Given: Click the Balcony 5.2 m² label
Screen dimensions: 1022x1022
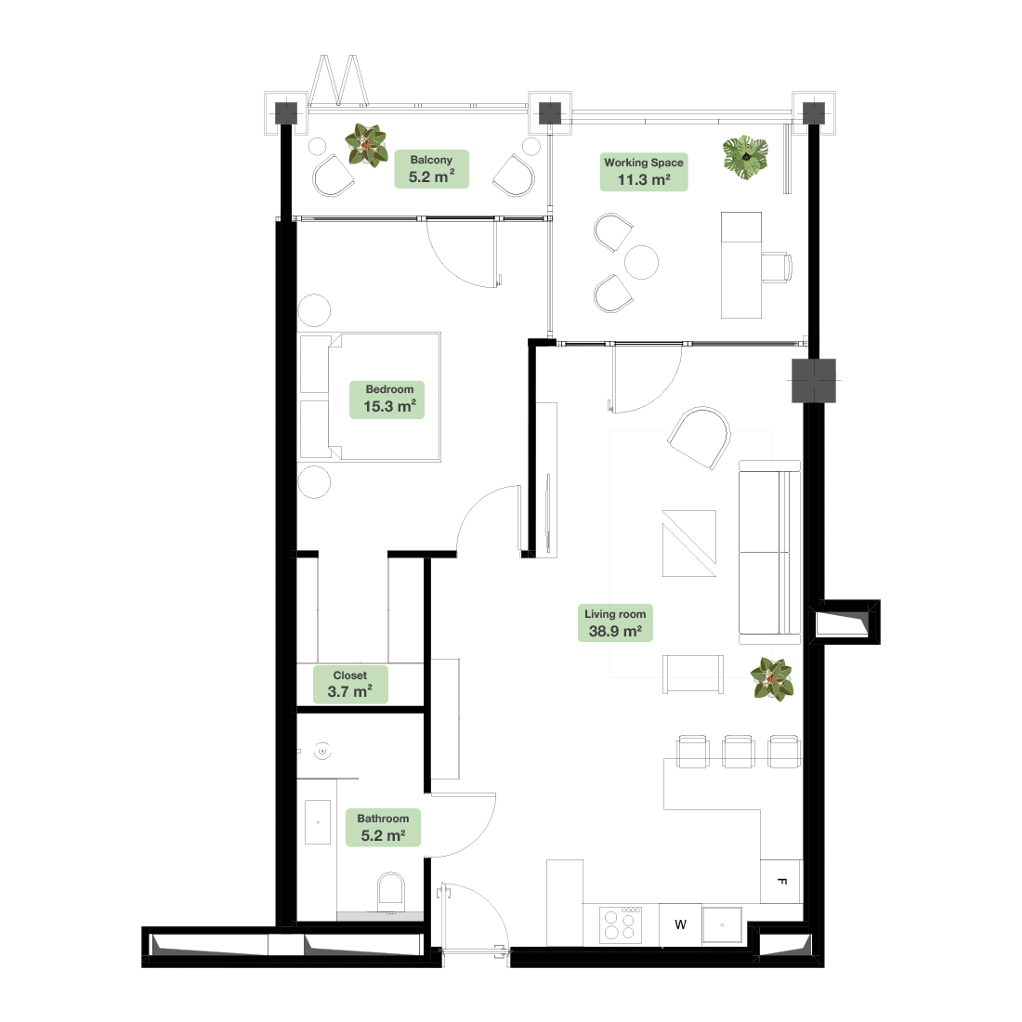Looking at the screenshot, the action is pyautogui.click(x=431, y=169).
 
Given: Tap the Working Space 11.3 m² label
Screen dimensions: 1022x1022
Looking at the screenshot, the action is pyautogui.click(x=644, y=172).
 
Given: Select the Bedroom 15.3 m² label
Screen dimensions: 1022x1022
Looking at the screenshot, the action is pyautogui.click(x=387, y=399).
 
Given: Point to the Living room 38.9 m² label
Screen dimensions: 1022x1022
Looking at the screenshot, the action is pyautogui.click(x=615, y=623).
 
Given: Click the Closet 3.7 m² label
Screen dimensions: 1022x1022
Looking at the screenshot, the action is pyautogui.click(x=350, y=685).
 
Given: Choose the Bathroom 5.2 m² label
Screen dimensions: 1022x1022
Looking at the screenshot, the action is pyautogui.click(x=383, y=828).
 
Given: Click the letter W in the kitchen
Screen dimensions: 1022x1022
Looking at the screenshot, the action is pyautogui.click(x=680, y=924).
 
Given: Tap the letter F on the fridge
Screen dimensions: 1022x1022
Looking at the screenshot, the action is pyautogui.click(x=782, y=882).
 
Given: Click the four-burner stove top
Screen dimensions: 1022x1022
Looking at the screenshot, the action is pyautogui.click(x=621, y=924).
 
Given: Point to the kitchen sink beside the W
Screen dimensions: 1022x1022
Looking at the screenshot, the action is pyautogui.click(x=722, y=924).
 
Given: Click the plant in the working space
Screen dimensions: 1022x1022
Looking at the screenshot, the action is pyautogui.click(x=745, y=157).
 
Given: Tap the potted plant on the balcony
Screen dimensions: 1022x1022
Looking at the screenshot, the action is pyautogui.click(x=366, y=145).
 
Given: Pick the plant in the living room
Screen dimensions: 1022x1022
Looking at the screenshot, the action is pyautogui.click(x=772, y=679).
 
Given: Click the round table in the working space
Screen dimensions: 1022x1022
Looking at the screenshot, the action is pyautogui.click(x=641, y=262).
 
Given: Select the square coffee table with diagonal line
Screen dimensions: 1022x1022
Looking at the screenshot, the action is pyautogui.click(x=689, y=544).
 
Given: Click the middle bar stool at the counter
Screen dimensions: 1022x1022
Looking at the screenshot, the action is pyautogui.click(x=739, y=751).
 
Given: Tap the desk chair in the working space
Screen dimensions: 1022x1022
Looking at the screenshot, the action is pyautogui.click(x=777, y=268).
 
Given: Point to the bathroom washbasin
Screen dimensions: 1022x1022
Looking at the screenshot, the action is pyautogui.click(x=318, y=822).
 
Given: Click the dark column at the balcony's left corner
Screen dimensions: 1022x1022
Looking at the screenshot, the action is pyautogui.click(x=286, y=113).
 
